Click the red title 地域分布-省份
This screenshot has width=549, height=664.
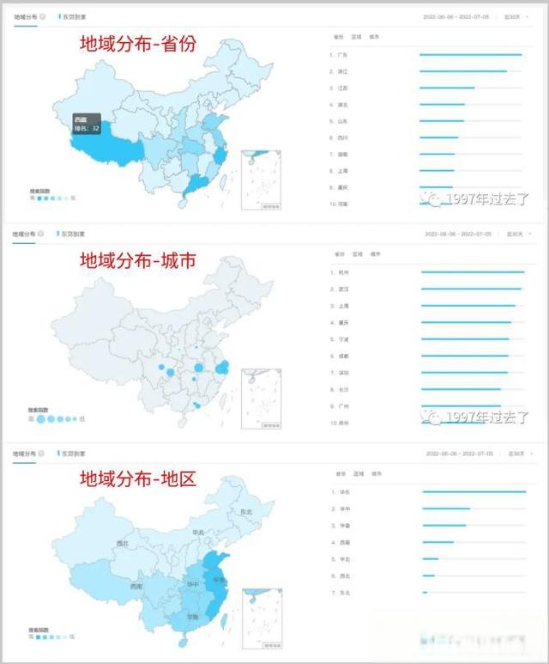[137, 46]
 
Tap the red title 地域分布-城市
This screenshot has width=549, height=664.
[137, 260]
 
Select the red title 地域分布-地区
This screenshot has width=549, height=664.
[137, 478]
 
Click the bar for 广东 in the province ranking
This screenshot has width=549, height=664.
[470, 55]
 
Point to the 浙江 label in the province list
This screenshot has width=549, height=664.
[342, 71]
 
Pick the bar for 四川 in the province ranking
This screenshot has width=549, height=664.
[439, 137]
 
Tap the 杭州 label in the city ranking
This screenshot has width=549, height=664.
[344, 272]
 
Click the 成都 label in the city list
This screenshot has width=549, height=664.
[344, 356]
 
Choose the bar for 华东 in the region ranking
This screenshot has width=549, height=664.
[474, 492]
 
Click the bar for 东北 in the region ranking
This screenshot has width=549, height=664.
[425, 593]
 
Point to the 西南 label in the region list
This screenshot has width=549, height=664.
[344, 542]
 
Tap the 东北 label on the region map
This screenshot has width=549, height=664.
[246, 512]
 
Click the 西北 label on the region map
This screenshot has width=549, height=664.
[122, 543]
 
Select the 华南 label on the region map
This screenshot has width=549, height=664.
[193, 617]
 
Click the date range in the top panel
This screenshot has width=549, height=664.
[457, 16]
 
